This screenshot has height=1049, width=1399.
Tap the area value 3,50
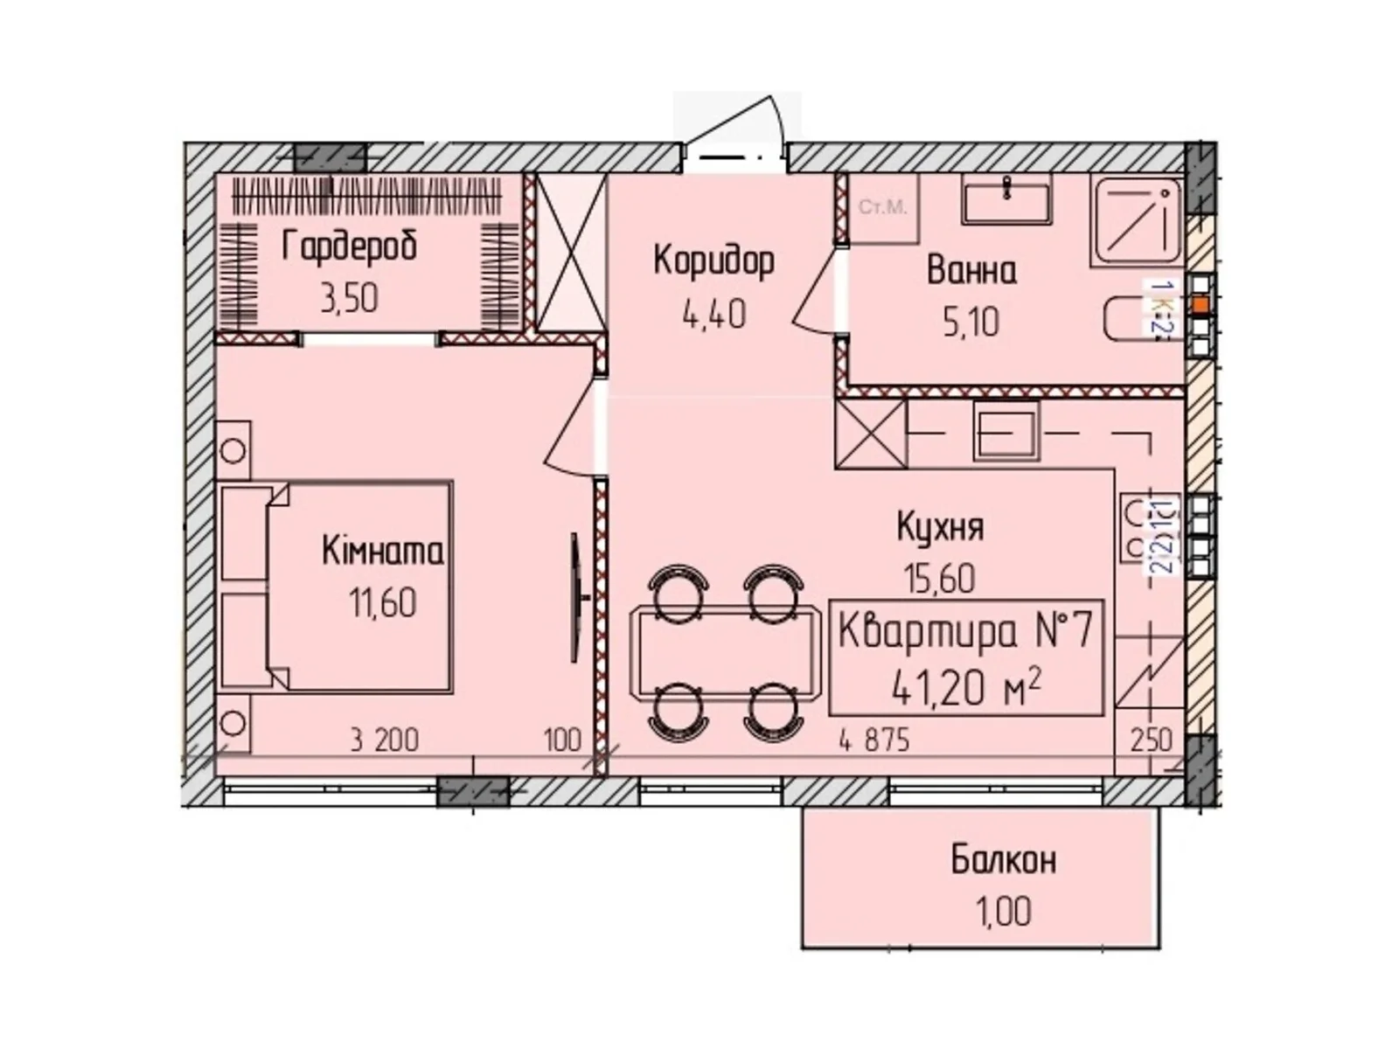click(x=349, y=299)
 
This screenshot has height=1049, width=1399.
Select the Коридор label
click(x=713, y=261)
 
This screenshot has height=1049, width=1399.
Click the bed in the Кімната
click(x=358, y=586)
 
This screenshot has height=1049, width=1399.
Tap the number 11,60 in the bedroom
click(x=382, y=603)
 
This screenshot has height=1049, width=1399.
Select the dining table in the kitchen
click(x=726, y=651)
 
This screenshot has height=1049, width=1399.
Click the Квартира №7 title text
click(x=965, y=632)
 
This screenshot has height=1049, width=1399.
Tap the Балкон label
click(x=1004, y=860)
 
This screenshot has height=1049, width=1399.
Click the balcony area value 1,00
click(x=1004, y=912)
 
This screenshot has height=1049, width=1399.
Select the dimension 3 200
click(x=384, y=741)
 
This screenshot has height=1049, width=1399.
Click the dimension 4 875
click(x=874, y=741)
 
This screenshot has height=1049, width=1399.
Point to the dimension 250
click(x=1152, y=741)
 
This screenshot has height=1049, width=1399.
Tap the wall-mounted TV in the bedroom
click(x=576, y=598)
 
